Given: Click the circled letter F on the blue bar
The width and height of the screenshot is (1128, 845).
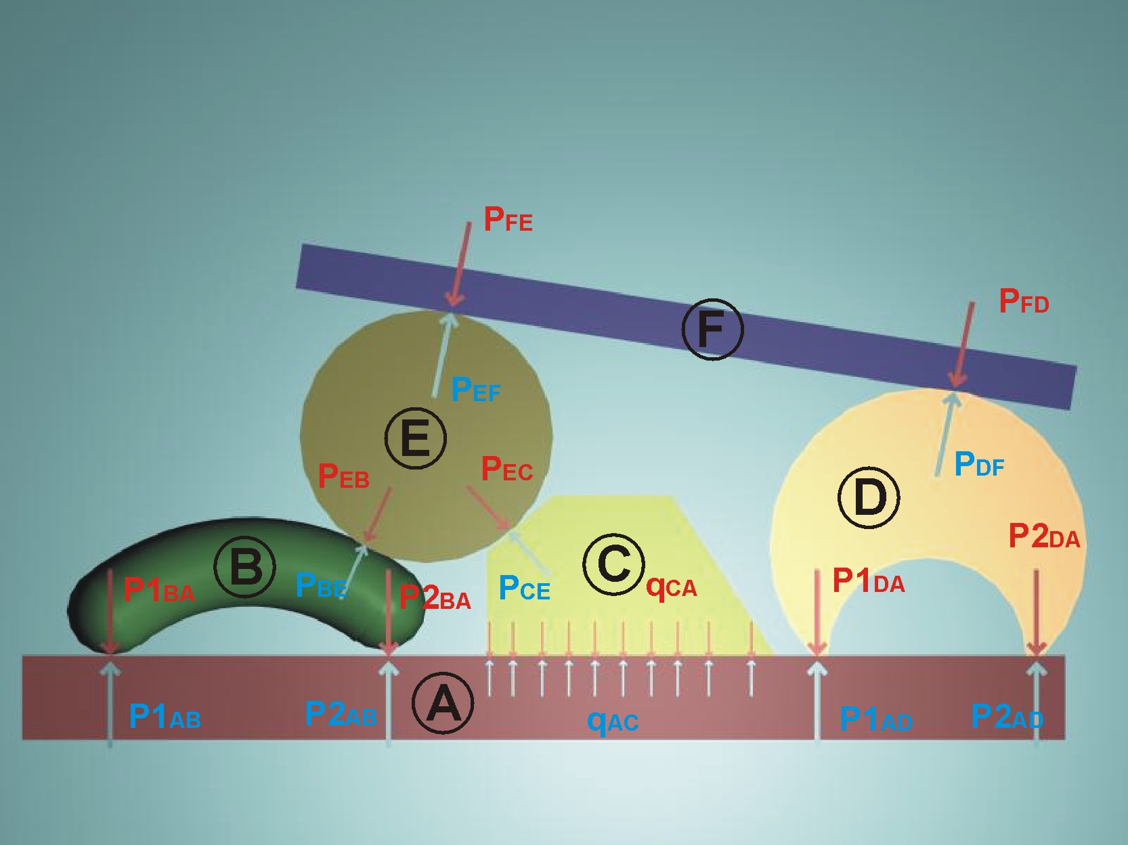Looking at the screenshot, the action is tap(712, 329).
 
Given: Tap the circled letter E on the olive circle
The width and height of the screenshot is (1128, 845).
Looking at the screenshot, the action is tap(415, 438).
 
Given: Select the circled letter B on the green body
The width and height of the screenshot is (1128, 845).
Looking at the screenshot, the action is tap(244, 566).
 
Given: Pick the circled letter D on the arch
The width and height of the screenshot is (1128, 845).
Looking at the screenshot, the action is tap(869, 497).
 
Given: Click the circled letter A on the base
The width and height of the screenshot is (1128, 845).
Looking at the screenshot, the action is tap(443, 703).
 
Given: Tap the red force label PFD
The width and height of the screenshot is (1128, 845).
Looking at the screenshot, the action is tap(1024, 301).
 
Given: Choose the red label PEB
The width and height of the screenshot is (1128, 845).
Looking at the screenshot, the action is tap(343, 476).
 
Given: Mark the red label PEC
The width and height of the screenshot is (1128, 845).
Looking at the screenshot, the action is tap(506, 469).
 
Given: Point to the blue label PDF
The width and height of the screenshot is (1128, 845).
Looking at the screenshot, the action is tap(979, 464).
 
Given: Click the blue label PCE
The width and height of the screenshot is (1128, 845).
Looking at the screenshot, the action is tap(524, 588).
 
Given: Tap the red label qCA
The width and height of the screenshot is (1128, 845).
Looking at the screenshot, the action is tap(671, 587).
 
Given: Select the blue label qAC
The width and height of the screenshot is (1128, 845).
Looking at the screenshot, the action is tap(613, 721).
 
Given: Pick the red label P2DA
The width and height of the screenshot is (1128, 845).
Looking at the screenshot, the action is tap(1044, 536).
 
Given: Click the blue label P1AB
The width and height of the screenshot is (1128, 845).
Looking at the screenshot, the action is tap(165, 716).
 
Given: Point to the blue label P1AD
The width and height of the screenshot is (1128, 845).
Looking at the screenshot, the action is tap(876, 718).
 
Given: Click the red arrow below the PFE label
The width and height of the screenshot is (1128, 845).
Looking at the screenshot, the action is tap(461, 264).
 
